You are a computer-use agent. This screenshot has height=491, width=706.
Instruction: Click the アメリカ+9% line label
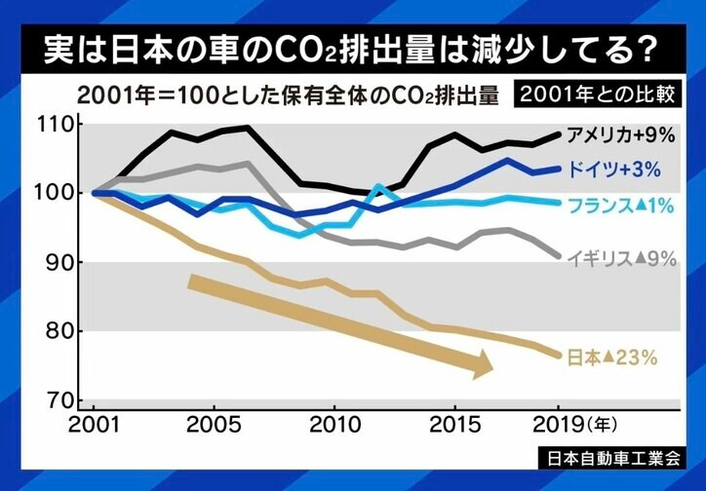[x=621, y=132]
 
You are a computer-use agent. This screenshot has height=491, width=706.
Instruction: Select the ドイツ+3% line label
[x=618, y=170]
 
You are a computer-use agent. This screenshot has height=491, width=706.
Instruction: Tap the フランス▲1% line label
[x=623, y=206]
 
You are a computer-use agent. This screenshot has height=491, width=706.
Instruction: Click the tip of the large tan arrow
[x=491, y=368]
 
